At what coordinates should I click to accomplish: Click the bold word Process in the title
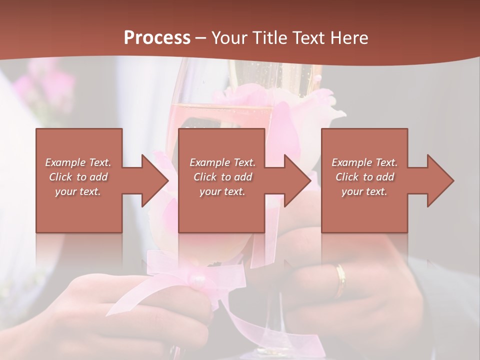157,37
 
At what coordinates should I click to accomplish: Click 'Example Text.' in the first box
78,162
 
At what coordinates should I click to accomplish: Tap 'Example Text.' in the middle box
222,162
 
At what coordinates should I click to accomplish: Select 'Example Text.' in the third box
364,162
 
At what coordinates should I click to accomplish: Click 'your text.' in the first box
78,191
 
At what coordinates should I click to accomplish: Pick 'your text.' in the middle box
222,191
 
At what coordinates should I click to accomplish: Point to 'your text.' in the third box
364,191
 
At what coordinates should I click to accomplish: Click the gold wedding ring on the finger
340,280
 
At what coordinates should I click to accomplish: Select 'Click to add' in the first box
78,177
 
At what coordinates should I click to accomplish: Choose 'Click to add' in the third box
364,177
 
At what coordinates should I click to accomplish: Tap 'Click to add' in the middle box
222,177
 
